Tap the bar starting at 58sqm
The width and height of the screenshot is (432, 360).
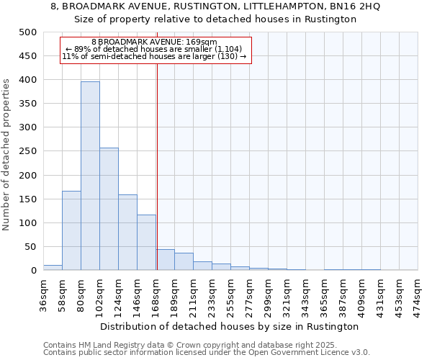(71, 230)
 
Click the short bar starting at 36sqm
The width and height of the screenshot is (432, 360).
(53, 268)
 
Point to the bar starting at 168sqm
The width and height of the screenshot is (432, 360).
(165, 260)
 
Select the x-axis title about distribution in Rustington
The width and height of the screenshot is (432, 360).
(230, 326)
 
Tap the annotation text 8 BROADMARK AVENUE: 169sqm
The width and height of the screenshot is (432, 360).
(154, 42)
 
